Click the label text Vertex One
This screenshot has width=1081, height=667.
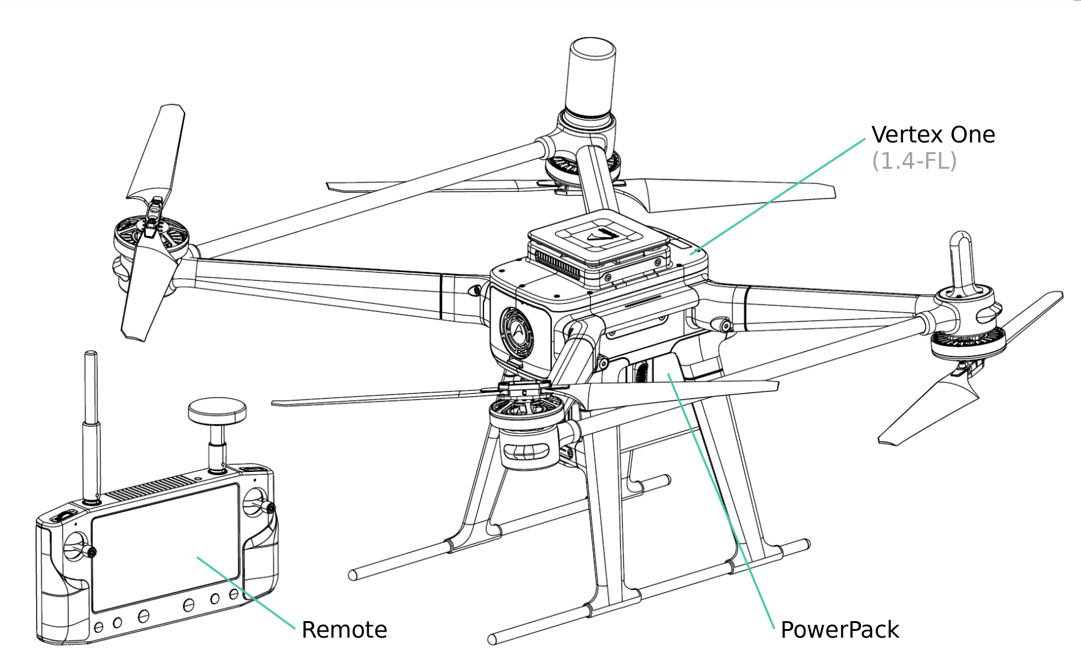pos(933,135)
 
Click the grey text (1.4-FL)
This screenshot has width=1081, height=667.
pos(914,161)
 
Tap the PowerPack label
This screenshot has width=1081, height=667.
pos(839,630)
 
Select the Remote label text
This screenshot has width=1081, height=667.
pos(344,630)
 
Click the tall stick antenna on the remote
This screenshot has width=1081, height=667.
pos(91,422)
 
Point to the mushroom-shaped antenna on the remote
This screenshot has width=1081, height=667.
pos(217,413)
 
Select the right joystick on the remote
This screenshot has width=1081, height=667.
pos(255,503)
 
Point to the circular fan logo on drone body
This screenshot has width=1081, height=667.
pos(517,333)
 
